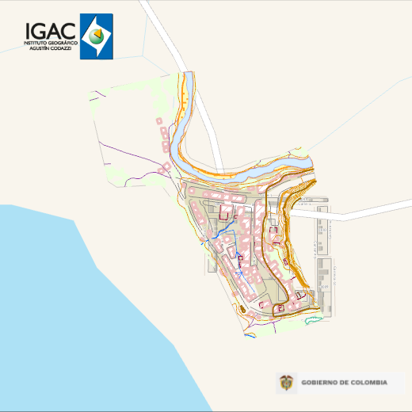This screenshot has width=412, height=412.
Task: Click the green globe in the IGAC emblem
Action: coord(96,36)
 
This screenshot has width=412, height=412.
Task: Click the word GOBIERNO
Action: coord(322,383)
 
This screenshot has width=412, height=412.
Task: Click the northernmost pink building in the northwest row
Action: coord(159,120)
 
